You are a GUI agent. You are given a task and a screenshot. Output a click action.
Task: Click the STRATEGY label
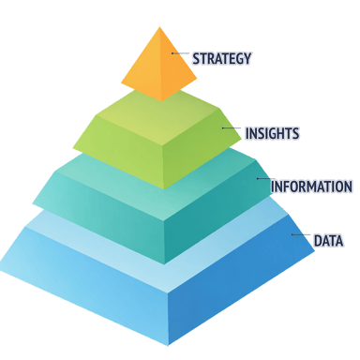(x=222, y=58)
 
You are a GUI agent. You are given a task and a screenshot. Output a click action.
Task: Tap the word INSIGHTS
(x=272, y=133)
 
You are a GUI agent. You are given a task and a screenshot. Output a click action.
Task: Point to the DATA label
(x=328, y=241)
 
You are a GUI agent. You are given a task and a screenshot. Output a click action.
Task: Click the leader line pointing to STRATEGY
(x=181, y=55)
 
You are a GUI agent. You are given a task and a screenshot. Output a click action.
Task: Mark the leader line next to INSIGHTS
(x=232, y=129)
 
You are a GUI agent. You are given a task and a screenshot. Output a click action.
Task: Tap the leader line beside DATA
(x=300, y=236)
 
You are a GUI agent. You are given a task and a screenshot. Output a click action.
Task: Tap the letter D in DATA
(x=316, y=241)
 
